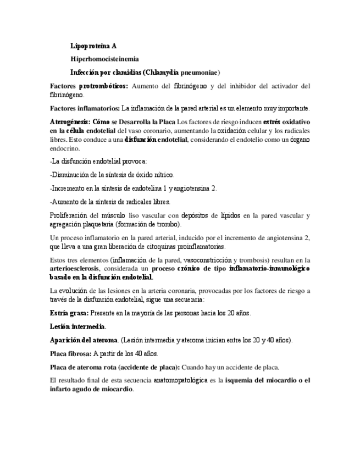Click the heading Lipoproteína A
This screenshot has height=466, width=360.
tap(93, 46)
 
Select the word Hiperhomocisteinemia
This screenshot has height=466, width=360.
tap(104, 59)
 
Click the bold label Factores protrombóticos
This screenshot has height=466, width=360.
tap(88, 86)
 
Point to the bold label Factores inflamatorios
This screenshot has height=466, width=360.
tap(84, 108)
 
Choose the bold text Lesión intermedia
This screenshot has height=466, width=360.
tap(77, 326)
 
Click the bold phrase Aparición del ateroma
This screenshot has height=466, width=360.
tap(84, 340)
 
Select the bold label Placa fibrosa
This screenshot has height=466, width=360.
tap(70, 354)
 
